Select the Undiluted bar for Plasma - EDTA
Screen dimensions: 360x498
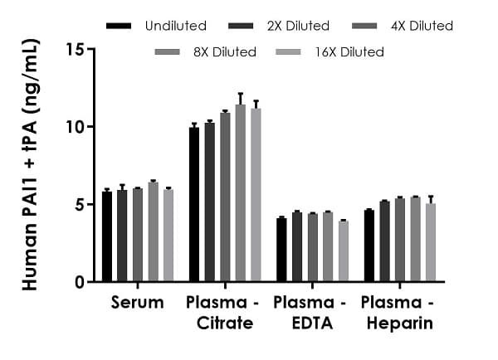[281, 250]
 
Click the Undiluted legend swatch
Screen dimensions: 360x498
[119, 27]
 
